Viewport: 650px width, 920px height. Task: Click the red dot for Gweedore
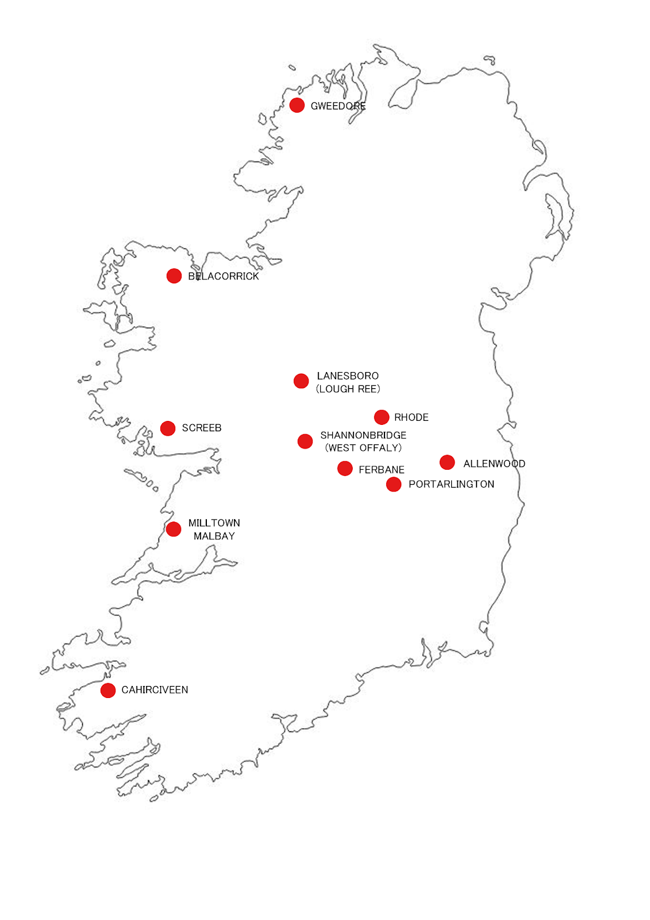tap(297, 105)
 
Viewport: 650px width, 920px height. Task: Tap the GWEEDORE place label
tap(338, 106)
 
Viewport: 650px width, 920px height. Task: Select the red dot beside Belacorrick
tap(174, 276)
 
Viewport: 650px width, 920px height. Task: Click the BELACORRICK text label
tap(224, 277)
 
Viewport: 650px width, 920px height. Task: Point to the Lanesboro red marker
tap(301, 381)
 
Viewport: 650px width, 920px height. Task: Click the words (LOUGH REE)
tap(348, 389)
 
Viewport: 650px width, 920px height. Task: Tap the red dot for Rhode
tap(382, 417)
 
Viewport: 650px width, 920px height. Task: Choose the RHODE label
tap(411, 417)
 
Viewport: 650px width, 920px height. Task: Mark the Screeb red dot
tap(168, 428)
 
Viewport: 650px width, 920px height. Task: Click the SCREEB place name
tap(202, 428)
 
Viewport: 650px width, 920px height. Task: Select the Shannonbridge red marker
tap(305, 441)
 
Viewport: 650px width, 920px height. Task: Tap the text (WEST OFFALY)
tap(363, 448)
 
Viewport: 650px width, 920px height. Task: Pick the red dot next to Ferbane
tap(345, 469)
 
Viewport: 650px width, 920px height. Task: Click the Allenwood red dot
tap(447, 462)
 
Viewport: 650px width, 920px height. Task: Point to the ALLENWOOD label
tap(494, 463)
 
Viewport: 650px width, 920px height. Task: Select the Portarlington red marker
tap(394, 485)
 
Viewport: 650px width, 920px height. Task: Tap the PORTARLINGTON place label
tap(451, 484)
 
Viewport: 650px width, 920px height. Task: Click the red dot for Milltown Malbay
tap(174, 529)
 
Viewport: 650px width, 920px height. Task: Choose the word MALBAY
tap(214, 536)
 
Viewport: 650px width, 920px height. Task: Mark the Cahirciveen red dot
tap(108, 690)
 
